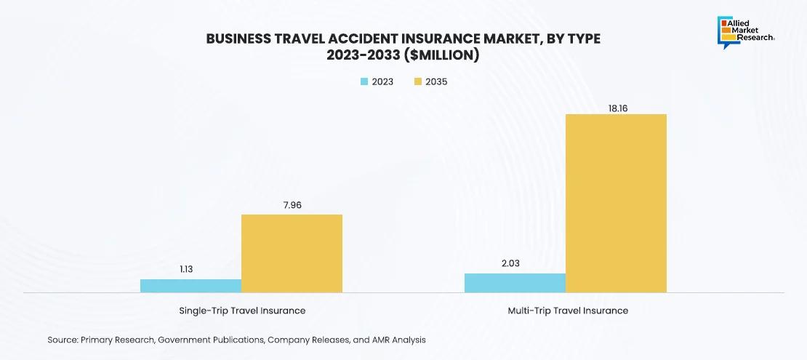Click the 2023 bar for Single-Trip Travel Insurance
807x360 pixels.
click(190, 286)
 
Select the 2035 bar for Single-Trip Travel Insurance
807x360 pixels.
click(292, 253)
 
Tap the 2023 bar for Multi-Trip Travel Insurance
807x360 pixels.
click(515, 283)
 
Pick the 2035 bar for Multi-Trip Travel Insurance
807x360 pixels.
click(616, 203)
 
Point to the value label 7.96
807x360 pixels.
click(292, 205)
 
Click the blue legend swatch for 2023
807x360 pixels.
click(364, 81)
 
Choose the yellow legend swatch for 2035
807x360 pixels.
click(418, 81)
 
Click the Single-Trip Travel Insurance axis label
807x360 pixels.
click(242, 311)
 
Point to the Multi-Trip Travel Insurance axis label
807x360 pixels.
click(568, 311)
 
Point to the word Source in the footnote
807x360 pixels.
click(63, 340)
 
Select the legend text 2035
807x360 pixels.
click(436, 81)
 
